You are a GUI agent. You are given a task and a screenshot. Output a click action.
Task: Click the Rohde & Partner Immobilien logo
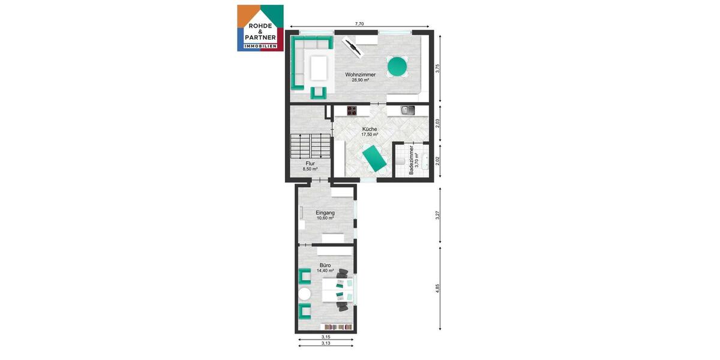coord(260,28)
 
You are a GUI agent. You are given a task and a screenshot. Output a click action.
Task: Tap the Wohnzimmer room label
coord(360,74)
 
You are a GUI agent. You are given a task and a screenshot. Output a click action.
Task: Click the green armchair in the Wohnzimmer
coord(318,92)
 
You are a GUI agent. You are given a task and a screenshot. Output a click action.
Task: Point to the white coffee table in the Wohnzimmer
coord(319,67)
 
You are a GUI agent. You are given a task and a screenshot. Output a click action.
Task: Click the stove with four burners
coord(351,110)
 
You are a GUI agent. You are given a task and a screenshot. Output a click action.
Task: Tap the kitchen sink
coord(408,110)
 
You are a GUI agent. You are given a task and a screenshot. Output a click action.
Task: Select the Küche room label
coord(370,129)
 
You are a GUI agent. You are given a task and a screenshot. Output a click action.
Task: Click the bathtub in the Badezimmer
coord(424,161)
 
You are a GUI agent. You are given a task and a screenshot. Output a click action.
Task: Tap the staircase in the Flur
coord(310,145)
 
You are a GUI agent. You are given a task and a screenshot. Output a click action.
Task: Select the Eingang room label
coord(325,212)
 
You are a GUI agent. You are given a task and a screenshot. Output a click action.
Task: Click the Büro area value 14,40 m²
coord(325,271)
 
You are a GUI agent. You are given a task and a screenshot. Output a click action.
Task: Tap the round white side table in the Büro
coord(305,294)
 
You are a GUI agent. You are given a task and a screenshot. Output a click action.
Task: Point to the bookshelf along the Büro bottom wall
coord(337,327)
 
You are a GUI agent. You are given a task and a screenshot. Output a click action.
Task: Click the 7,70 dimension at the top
coord(359,24)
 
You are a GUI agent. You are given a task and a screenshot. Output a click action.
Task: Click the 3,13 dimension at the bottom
coord(326,343)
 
